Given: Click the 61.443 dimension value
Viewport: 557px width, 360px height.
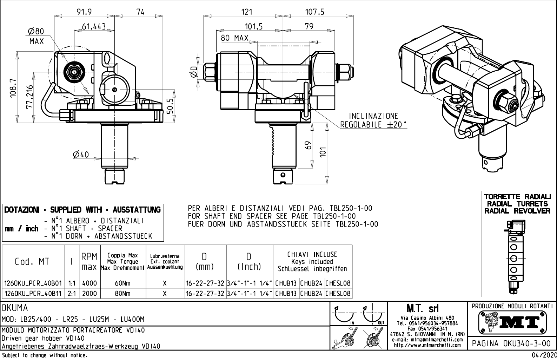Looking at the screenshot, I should click(x=94, y=27).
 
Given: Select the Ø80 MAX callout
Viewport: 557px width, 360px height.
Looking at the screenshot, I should click(x=36, y=37).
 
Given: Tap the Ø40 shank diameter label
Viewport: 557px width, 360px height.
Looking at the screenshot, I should click(x=81, y=155).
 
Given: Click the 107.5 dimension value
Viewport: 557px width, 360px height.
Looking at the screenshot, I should click(x=314, y=12).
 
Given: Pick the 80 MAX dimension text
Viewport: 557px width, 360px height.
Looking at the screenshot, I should click(x=234, y=38).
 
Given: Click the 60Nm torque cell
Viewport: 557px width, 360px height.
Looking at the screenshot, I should click(x=122, y=283).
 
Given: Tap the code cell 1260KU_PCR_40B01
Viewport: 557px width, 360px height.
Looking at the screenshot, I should click(x=33, y=283).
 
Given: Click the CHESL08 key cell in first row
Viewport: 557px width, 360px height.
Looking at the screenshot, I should click(x=338, y=283).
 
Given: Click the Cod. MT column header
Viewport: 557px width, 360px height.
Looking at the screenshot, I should click(x=32, y=262).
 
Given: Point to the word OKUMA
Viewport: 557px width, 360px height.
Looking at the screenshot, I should click(x=15, y=308).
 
